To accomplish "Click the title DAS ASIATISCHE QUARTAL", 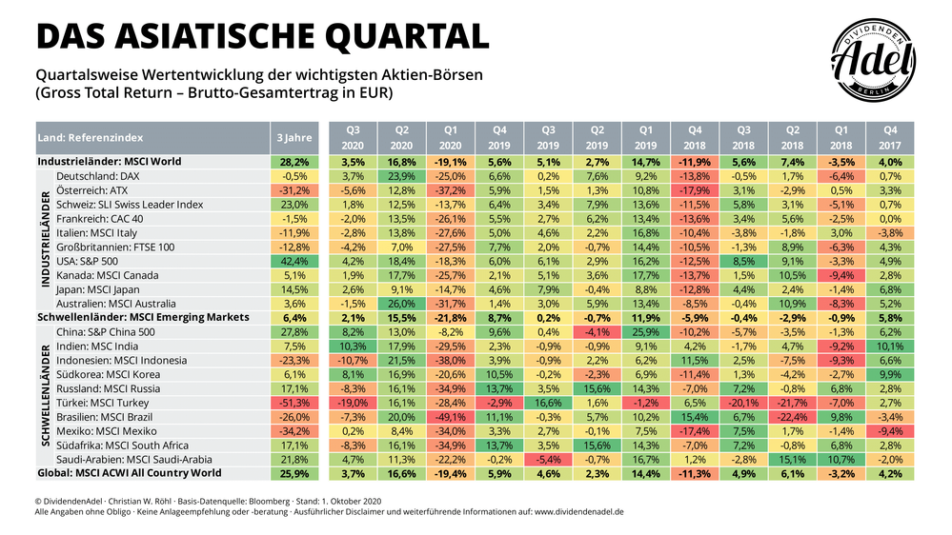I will tap(262, 35).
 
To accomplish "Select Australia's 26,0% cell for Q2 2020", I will tap(401, 305).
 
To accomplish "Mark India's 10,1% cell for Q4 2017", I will tap(890, 347).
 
